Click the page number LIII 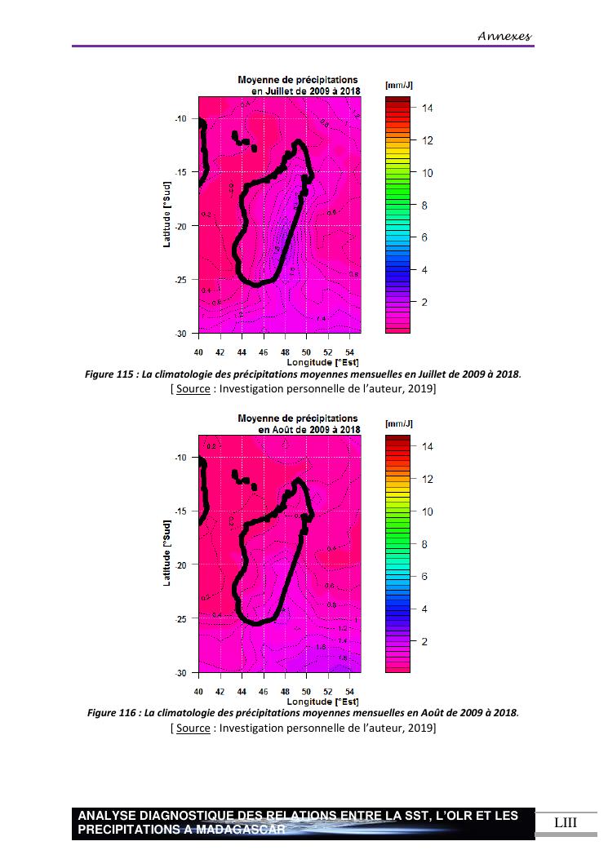[565, 822]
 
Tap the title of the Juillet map [298, 85]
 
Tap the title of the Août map [298, 423]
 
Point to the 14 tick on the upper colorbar [428, 108]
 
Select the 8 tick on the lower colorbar [424, 544]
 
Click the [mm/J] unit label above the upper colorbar [399, 85]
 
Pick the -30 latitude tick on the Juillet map [180, 334]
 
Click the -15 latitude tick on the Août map [180, 511]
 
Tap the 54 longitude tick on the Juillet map [349, 352]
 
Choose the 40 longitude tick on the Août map [198, 691]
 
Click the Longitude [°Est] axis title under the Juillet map [322, 361]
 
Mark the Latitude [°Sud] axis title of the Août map [167, 555]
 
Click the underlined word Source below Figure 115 [193, 389]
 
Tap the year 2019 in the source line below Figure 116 [417, 728]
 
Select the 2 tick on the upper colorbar [424, 303]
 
